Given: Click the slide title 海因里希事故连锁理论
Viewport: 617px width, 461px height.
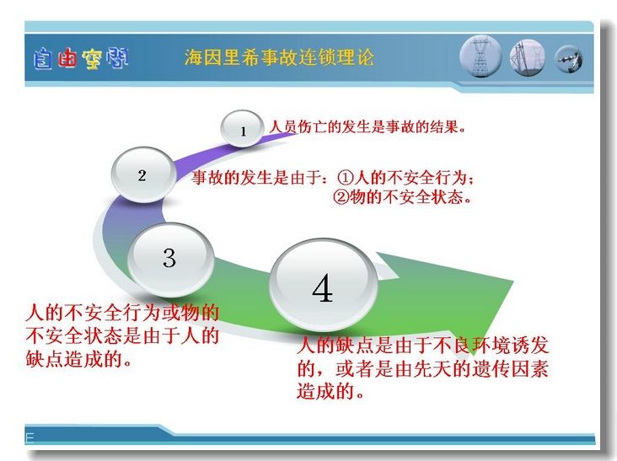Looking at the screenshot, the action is [279, 57].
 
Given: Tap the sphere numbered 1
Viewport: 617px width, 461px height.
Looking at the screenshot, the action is [242, 128].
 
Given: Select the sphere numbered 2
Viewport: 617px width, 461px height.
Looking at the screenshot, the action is [142, 174].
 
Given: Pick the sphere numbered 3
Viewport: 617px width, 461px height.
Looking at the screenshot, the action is [170, 259].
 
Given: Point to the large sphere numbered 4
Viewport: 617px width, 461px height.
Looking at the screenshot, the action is [323, 285].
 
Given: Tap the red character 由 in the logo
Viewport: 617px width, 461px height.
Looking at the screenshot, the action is [67, 59].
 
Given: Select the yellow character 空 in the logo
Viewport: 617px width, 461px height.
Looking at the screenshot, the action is [92, 59].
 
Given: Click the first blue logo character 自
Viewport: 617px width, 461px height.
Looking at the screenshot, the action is [42, 59].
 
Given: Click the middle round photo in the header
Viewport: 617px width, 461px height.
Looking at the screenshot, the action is [528, 57].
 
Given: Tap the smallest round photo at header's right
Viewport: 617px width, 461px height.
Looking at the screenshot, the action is [569, 59].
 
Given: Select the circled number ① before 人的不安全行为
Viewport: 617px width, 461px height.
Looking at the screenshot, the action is [346, 178].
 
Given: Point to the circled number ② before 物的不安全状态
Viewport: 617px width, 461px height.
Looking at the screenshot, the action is [341, 196].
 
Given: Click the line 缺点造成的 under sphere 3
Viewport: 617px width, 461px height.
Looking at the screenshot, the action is [78, 359].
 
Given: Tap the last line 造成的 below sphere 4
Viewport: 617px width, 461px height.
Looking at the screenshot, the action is [330, 391].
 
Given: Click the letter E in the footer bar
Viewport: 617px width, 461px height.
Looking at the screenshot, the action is [30, 437].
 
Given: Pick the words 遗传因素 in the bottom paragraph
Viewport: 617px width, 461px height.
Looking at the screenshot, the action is [510, 368].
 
